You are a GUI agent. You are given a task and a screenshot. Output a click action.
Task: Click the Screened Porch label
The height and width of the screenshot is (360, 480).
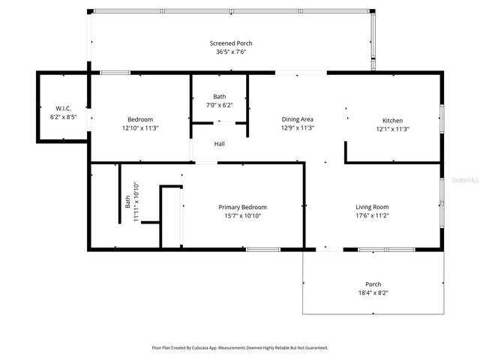pyautogui.click(x=230, y=43)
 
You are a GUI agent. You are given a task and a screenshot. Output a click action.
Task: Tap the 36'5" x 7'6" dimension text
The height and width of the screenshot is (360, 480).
pyautogui.click(x=230, y=52)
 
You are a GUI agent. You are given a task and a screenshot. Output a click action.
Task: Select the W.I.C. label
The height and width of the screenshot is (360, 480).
pyautogui.click(x=63, y=109)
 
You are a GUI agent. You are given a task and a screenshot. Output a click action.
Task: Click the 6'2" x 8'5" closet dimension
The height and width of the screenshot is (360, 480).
pyautogui.click(x=63, y=117)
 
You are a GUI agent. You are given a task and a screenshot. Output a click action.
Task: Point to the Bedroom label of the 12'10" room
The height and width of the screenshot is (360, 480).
pyautogui.click(x=140, y=120)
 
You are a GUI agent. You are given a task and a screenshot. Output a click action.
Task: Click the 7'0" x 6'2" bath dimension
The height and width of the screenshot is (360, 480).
pyautogui.click(x=219, y=105)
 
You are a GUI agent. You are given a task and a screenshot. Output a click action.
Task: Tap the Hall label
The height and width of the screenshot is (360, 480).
pyautogui.click(x=219, y=144)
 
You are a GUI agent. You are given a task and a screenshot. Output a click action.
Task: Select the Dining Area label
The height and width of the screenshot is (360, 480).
pyautogui.click(x=297, y=119)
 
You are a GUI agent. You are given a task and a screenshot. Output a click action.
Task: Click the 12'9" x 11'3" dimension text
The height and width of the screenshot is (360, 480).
pyautogui.click(x=297, y=128)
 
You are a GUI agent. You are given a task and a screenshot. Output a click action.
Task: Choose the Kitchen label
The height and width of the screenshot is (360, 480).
pyautogui.click(x=392, y=120)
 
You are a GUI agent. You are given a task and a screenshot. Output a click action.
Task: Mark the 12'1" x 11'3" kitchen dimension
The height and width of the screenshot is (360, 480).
pyautogui.click(x=392, y=129)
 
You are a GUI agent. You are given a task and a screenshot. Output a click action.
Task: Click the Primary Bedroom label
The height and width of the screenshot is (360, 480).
pyautogui.click(x=242, y=207)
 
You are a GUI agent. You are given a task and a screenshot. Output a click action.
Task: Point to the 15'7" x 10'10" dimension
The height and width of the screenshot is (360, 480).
pyautogui.click(x=242, y=216)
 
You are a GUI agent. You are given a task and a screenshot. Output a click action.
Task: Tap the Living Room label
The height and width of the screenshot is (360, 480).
pyautogui.click(x=372, y=207)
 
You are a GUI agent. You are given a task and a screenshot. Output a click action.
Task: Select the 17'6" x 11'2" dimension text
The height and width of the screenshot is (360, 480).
pyautogui.click(x=372, y=216)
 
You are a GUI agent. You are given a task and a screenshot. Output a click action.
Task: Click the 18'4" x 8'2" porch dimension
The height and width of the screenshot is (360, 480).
pyautogui.click(x=373, y=292)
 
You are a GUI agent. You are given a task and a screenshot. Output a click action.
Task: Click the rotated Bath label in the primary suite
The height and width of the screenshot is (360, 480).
pyautogui.click(x=127, y=202)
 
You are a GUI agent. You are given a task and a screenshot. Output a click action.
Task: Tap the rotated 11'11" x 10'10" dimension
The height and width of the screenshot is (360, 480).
pyautogui.click(x=136, y=202)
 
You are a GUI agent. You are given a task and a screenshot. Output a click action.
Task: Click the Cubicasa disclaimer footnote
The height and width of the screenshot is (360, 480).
pyautogui.click(x=240, y=348)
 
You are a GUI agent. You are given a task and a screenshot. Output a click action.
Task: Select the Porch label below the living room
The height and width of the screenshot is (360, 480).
pyautogui.click(x=373, y=284)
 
